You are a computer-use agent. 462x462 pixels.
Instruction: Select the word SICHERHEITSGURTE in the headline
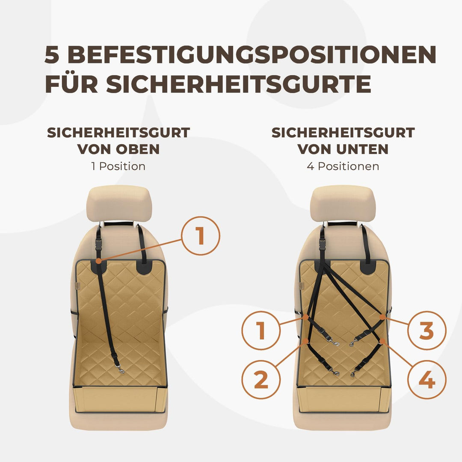238,84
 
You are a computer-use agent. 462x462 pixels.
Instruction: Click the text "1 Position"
118,166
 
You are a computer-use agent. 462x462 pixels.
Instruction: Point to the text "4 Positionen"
343,166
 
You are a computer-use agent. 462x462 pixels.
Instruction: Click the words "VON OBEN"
118,149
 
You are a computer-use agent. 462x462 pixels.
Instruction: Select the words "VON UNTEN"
343,149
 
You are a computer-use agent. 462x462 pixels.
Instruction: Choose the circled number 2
261,379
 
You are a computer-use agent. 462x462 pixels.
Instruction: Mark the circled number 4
426,379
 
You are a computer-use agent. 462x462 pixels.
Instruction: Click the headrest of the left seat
119,203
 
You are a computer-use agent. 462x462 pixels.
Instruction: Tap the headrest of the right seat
343,203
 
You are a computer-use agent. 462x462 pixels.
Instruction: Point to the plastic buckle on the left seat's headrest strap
98,245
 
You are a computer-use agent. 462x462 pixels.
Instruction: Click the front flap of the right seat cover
343,399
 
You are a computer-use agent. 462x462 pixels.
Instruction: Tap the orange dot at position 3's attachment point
382,317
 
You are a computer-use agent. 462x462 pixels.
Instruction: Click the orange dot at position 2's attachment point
305,341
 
